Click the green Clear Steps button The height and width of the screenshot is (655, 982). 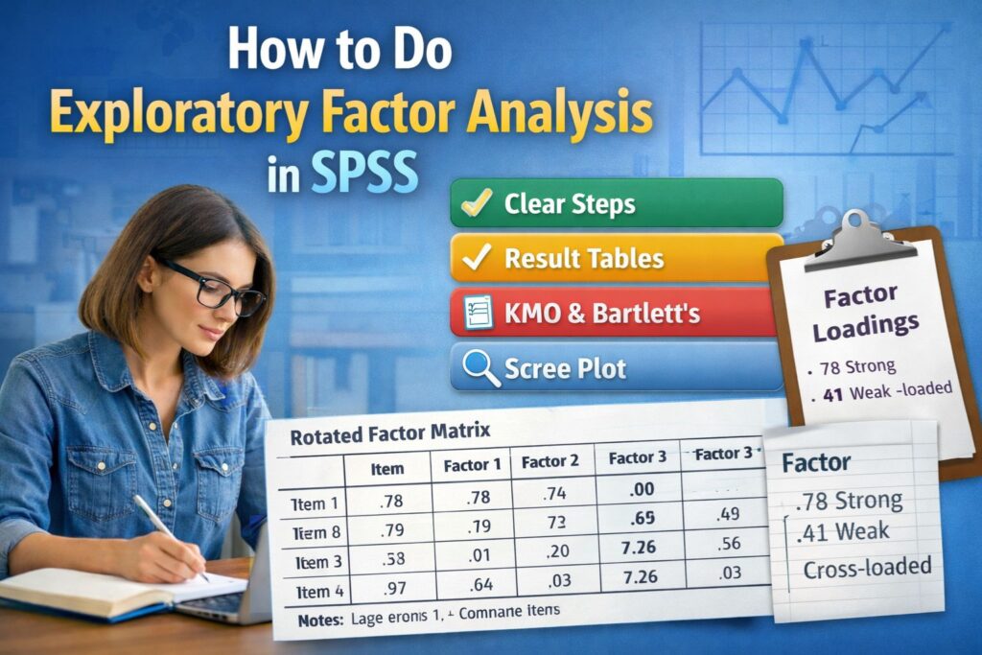[x=616, y=204]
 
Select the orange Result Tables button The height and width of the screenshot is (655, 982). [x=616, y=257]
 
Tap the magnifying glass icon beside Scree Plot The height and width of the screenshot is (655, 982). [x=479, y=367]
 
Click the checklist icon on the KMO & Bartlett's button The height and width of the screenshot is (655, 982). [x=478, y=313]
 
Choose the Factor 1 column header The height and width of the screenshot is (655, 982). [x=472, y=466]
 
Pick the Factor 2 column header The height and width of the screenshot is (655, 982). [x=549, y=462]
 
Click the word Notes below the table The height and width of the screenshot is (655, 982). [x=318, y=620]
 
